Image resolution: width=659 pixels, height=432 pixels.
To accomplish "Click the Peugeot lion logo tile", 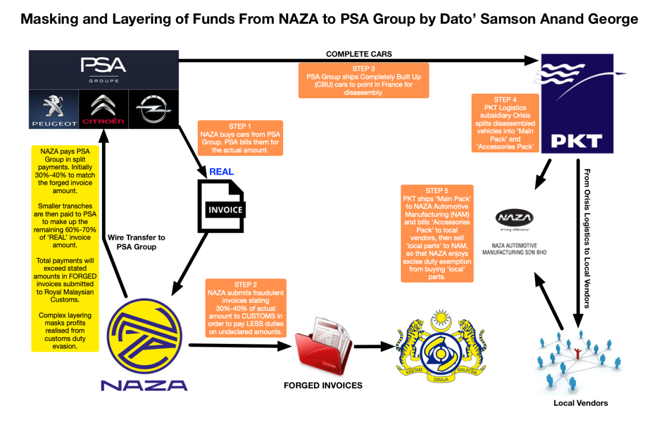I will pyautogui.click(x=54, y=109).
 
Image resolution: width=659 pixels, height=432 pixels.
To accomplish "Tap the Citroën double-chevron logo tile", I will pyautogui.click(x=103, y=109).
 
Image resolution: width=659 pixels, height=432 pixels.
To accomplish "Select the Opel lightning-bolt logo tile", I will pyautogui.click(x=153, y=109).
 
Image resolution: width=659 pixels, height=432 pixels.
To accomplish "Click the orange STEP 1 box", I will pyautogui.click(x=240, y=138).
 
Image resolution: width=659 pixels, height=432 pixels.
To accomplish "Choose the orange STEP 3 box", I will pyautogui.click(x=363, y=80).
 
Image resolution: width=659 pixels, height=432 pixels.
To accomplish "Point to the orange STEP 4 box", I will pyautogui.click(x=505, y=123).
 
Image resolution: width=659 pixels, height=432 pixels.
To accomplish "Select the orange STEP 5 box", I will pyautogui.click(x=438, y=233).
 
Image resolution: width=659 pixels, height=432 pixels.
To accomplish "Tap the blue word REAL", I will pyautogui.click(x=221, y=172).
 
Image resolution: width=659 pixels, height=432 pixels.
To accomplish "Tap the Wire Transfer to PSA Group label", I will pyautogui.click(x=136, y=242).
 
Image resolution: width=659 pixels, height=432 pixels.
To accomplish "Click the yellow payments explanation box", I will pyautogui.click(x=65, y=248).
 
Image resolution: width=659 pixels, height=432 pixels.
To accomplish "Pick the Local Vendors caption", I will pyautogui.click(x=580, y=403).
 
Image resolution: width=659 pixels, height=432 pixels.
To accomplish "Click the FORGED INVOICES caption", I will pyautogui.click(x=323, y=386).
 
